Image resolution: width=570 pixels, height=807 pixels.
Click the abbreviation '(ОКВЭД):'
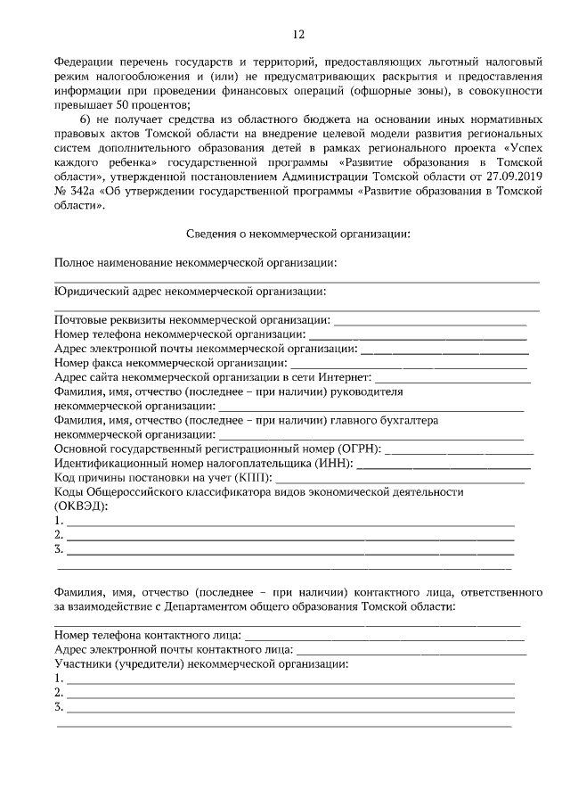tap(81, 506)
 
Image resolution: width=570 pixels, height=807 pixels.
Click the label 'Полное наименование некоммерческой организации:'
tap(195, 262)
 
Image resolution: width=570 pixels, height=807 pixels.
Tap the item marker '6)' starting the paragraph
tap(86, 119)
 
